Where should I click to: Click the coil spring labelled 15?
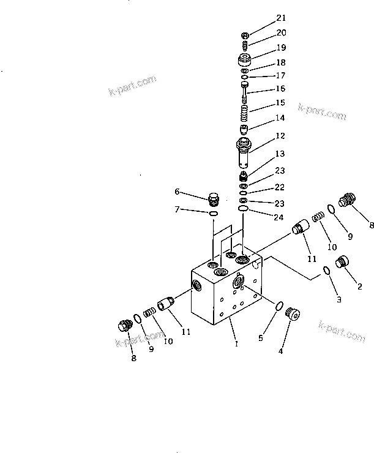click(x=244, y=113)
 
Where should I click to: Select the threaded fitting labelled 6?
click(x=213, y=199)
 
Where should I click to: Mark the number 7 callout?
click(x=178, y=210)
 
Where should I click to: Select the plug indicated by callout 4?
click(x=295, y=315)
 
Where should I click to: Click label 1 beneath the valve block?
click(x=236, y=344)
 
